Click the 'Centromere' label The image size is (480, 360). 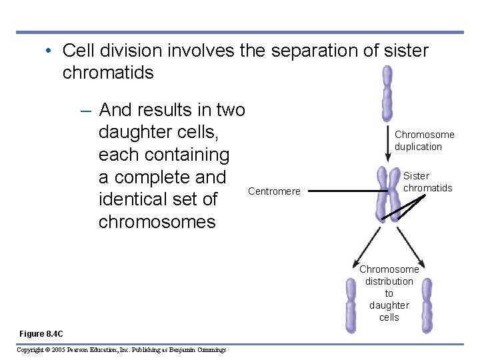tap(274, 192)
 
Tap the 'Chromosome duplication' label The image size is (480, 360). tap(424, 141)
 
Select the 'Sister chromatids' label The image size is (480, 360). tap(427, 182)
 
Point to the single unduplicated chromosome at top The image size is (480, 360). tap(387, 93)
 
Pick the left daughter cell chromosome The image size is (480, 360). tap(351, 305)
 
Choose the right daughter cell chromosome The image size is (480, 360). tap(427, 305)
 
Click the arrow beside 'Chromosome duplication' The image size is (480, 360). tap(387, 143)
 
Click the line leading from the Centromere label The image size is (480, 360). tap(347, 192)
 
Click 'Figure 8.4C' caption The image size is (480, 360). tap(41, 333)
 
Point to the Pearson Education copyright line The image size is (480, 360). tap(121, 349)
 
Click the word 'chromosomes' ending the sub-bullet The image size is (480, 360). tap(157, 221)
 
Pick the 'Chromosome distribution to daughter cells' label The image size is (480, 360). tap(389, 293)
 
